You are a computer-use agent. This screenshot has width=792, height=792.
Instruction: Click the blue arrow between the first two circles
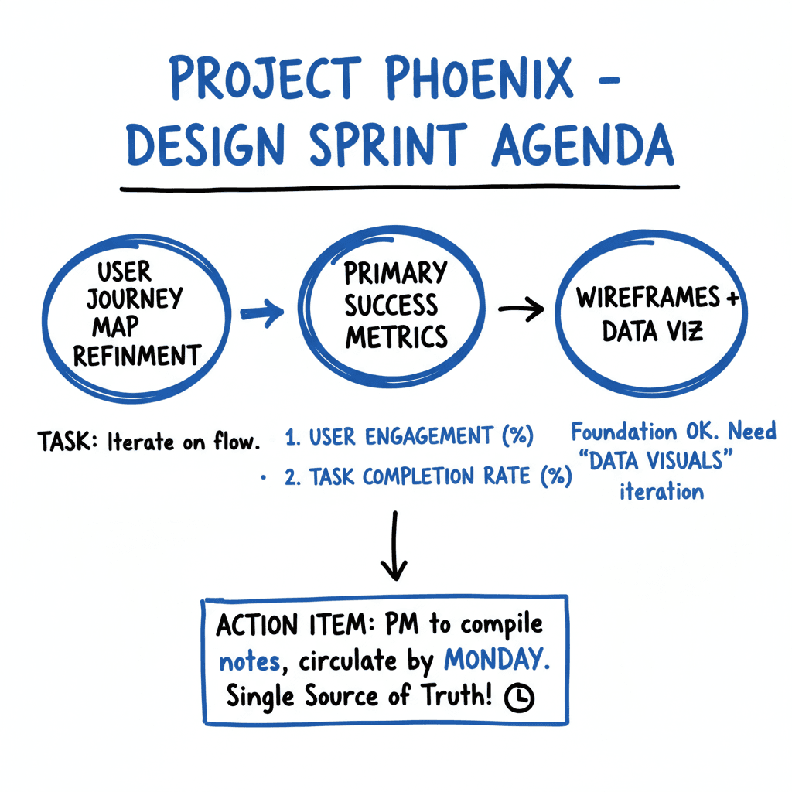tap(262, 312)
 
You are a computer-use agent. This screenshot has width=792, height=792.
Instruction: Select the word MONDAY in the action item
tap(493, 661)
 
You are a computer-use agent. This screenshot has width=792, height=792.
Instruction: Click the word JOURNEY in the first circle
tap(135, 299)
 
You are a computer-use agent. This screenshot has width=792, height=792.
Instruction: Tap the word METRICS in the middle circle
tap(396, 336)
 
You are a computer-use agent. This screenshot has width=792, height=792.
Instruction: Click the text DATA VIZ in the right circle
tap(654, 332)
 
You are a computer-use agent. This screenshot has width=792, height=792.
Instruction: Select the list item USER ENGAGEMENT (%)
tap(409, 437)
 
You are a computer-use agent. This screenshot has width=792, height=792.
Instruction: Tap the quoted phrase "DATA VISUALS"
tap(661, 462)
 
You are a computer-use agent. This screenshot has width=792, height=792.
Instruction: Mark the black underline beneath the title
tap(398, 188)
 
